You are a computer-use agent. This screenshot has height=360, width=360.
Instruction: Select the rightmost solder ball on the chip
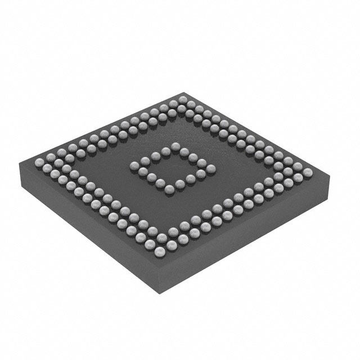(308, 171)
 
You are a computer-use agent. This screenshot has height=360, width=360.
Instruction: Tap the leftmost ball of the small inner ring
(135, 165)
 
